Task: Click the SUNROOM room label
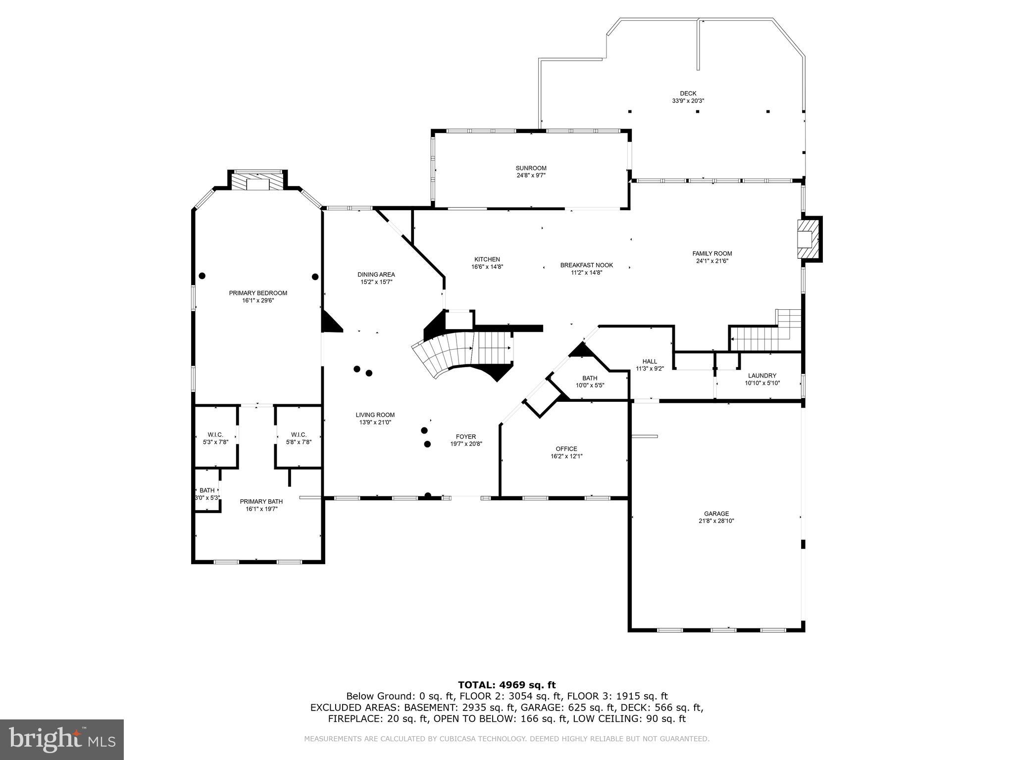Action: [x=531, y=168]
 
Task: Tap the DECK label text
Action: [x=688, y=94]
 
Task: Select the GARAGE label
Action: [x=716, y=514]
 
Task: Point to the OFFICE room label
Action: [x=566, y=449]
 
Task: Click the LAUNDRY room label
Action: [x=762, y=376]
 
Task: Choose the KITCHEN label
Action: [x=487, y=259]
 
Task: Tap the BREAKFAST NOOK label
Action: [x=587, y=265]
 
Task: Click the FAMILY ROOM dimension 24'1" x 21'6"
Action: [x=712, y=261]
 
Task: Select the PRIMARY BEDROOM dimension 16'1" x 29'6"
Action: [x=258, y=300]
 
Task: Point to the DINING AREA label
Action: [x=376, y=275]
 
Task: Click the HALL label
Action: [x=650, y=361]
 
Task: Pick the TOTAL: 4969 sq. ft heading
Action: [x=507, y=685]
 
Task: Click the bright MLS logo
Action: [x=61, y=740]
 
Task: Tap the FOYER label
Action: [x=466, y=436]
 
